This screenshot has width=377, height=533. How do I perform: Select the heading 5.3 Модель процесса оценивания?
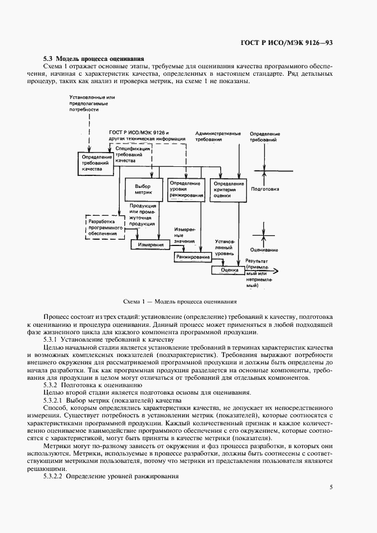click(94, 59)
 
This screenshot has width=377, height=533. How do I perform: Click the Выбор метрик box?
click(141, 190)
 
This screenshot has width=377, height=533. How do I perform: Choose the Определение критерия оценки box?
click(228, 190)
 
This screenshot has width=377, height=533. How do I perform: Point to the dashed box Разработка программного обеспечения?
click(104, 226)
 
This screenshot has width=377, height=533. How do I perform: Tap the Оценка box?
click(229, 270)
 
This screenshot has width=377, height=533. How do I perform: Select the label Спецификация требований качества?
click(132, 154)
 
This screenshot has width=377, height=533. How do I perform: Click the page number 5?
click(331, 486)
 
